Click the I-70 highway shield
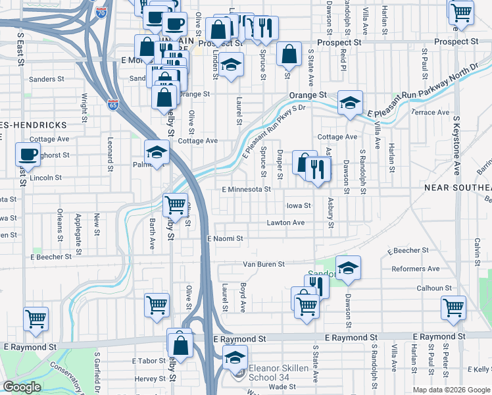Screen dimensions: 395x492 click(x=101, y=13)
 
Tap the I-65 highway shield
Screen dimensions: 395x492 click(x=113, y=104)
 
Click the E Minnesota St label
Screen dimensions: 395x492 click(x=247, y=190)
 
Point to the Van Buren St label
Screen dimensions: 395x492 click(x=263, y=264)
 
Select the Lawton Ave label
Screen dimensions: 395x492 click(x=285, y=223)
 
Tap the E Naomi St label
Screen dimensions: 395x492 click(x=225, y=238)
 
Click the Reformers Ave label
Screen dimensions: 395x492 click(x=415, y=269)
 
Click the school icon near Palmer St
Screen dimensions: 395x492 click(x=157, y=152)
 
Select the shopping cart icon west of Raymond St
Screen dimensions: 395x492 click(x=36, y=319)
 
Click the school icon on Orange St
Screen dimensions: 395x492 click(x=351, y=102)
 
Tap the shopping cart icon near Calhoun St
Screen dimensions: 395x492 click(x=454, y=306)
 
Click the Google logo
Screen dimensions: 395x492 click(x=22, y=387)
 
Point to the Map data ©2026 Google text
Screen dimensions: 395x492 click(x=451, y=390)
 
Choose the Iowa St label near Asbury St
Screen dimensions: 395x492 click(x=298, y=205)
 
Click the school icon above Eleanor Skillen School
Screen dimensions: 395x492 click(x=234, y=357)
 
